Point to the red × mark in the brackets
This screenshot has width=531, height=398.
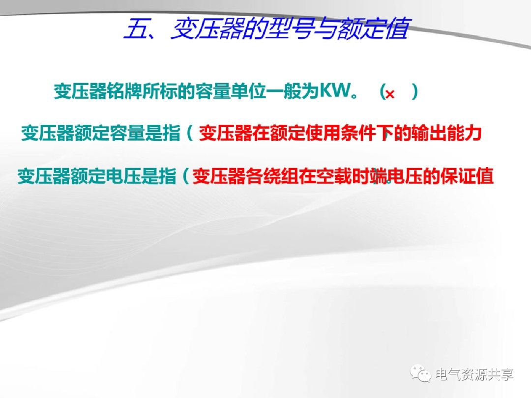coord(390,94)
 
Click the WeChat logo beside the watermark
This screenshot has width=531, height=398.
coord(422,374)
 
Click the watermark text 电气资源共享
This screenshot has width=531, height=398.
coord(475,374)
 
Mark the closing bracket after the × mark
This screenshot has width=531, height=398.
coord(415,92)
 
